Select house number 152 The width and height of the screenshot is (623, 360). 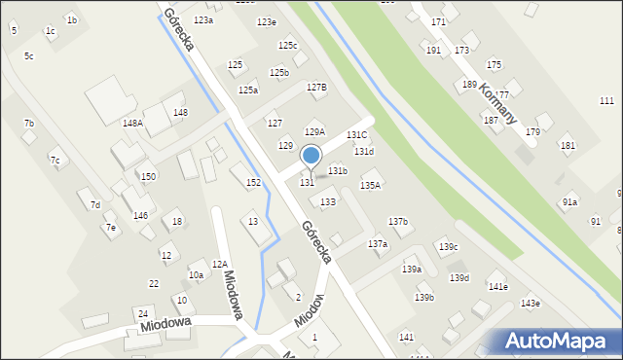pos(253,183)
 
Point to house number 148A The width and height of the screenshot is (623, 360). pos(132,124)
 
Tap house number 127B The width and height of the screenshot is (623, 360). pos(316,88)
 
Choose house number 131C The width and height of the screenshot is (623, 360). pos(356,135)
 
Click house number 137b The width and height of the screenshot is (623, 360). pos(398,222)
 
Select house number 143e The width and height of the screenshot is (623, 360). pos(530,304)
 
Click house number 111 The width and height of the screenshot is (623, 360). pos(606,101)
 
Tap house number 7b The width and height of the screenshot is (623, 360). pos(29,124)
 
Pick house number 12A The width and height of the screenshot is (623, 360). pos(220,264)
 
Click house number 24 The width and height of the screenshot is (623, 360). pos(143,313)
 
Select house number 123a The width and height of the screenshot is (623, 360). pos(202,20)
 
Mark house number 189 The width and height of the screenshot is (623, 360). pos(469,85)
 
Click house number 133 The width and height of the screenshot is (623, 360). pos(328,201)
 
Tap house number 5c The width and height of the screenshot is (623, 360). pos(29,56)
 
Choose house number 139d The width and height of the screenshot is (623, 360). pos(458,278)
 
